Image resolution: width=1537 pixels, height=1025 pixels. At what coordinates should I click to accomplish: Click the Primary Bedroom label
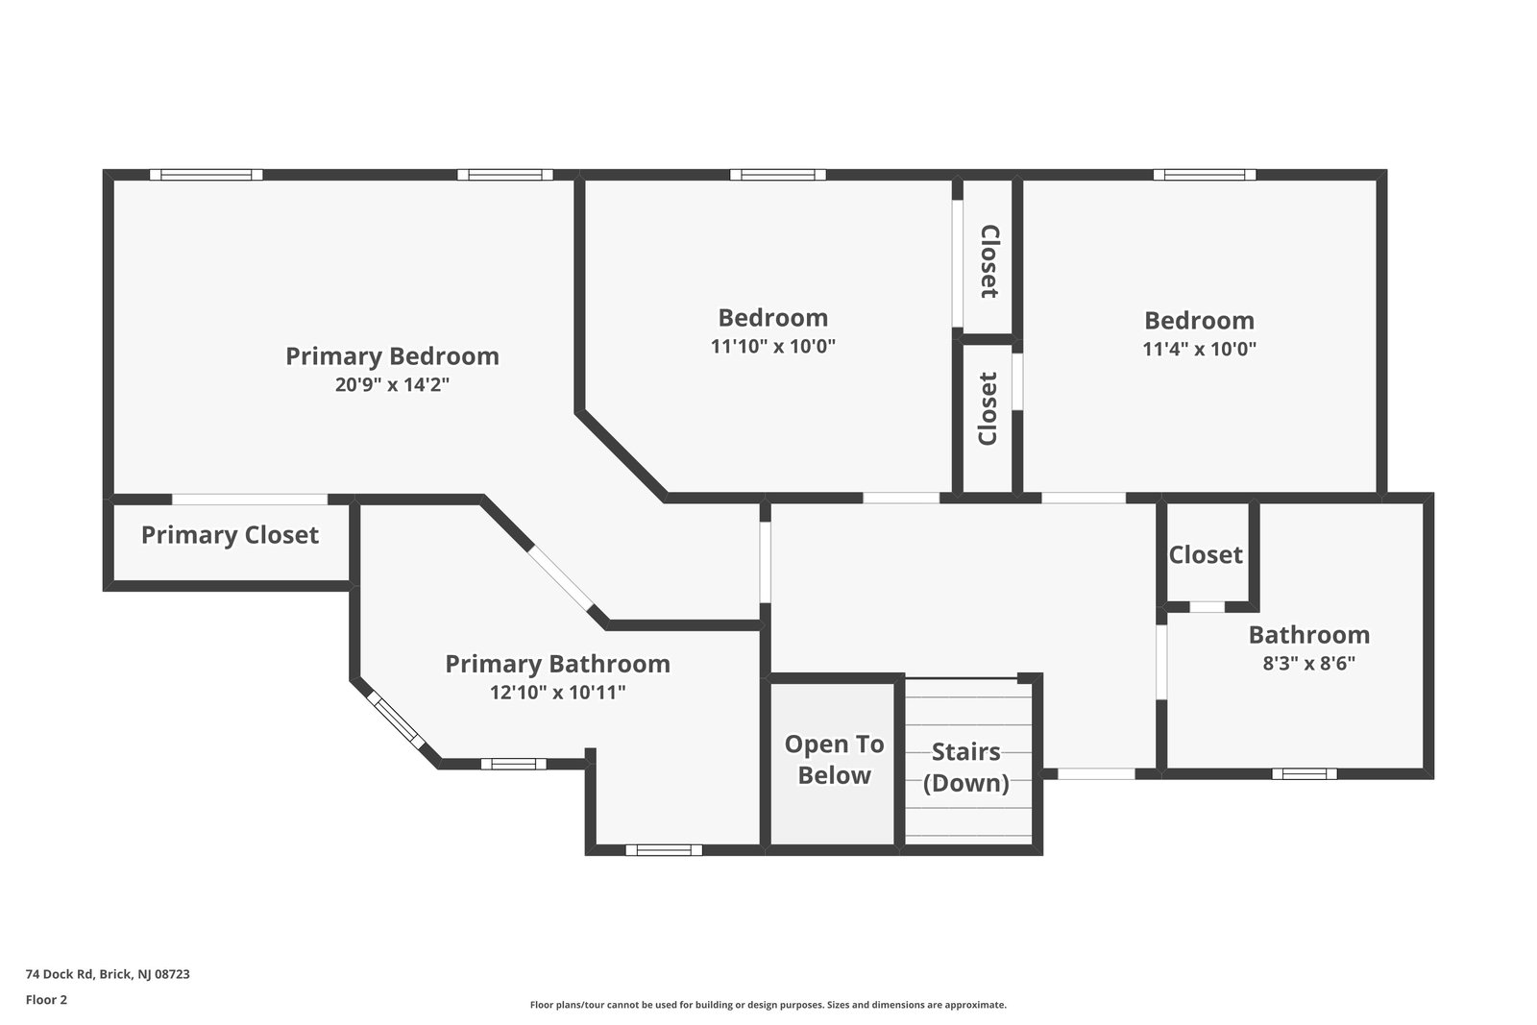392,356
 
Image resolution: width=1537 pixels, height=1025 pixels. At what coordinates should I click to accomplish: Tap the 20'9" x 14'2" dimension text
392,385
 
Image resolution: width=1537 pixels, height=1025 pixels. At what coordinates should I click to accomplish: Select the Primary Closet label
230,535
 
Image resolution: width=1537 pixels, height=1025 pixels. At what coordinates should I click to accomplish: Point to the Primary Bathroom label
557,664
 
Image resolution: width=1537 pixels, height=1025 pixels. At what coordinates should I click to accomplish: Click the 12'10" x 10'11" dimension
557,693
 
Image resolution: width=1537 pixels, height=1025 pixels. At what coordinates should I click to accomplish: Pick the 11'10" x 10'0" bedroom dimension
772,347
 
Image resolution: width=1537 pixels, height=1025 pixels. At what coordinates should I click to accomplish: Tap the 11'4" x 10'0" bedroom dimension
1199,349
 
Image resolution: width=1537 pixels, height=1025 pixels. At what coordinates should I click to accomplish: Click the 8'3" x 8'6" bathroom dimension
1308,663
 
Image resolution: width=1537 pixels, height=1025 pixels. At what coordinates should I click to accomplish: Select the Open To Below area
834,760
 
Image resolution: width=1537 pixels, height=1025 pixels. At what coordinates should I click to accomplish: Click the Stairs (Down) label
965,767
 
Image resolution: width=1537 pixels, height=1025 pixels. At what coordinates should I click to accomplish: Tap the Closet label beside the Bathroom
1206,555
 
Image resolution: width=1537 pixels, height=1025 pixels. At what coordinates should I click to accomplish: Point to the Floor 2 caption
46,1000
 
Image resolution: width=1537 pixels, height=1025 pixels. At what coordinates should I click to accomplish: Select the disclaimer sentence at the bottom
768,1005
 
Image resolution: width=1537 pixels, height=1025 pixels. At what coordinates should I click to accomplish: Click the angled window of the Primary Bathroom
397,720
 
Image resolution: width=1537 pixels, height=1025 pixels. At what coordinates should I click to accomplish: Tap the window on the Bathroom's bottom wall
1304,773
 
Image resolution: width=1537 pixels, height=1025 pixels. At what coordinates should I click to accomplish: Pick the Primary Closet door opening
250,500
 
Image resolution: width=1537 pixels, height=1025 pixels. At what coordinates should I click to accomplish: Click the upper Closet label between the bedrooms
988,261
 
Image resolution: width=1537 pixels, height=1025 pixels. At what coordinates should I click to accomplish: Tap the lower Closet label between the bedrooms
988,408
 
